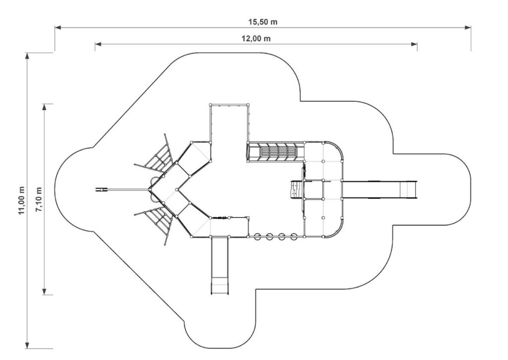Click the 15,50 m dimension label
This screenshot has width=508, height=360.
click(x=263, y=22)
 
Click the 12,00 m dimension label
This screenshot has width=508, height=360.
click(x=256, y=39)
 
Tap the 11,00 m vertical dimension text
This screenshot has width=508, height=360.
click(x=21, y=200)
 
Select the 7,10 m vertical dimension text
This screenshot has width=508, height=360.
click(x=39, y=200)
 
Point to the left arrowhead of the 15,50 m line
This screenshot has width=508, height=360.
click(x=58, y=28)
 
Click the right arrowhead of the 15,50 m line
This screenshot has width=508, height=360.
click(x=468, y=28)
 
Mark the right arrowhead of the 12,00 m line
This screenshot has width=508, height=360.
click(x=414, y=44)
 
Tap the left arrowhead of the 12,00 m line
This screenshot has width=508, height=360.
click(x=98, y=44)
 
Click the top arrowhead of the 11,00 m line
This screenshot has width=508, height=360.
click(x=28, y=56)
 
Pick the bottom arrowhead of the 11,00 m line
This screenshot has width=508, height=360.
click(x=28, y=345)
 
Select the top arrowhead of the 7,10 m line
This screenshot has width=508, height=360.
click(x=44, y=107)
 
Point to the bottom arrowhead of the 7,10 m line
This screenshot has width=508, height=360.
click(x=44, y=291)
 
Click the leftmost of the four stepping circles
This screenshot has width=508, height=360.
click(x=257, y=237)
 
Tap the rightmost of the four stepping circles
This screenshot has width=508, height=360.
click(x=294, y=237)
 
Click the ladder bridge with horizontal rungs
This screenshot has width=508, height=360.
click(x=276, y=151)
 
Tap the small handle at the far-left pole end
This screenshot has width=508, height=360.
click(x=101, y=189)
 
